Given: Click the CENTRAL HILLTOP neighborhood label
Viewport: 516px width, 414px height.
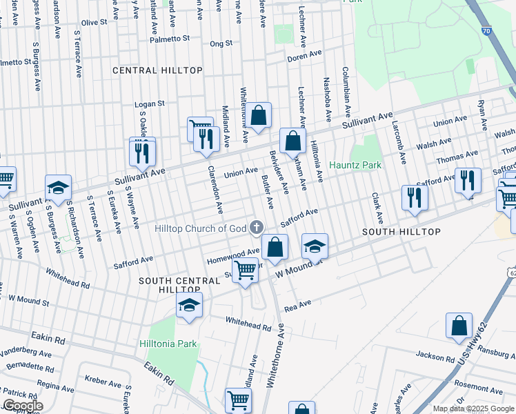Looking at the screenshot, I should (157, 70).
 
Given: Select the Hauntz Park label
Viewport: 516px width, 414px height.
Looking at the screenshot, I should (355, 166).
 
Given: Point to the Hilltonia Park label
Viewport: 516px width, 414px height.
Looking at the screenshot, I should (168, 344).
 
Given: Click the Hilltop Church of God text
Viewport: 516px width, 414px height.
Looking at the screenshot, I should (200, 228).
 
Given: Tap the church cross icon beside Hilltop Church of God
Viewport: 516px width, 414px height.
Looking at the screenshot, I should (257, 227).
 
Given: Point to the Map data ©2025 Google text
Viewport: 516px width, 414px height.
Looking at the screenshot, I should (473, 408).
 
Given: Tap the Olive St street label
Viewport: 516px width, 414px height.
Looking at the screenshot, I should (95, 23).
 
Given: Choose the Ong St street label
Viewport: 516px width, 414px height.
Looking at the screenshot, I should (221, 43).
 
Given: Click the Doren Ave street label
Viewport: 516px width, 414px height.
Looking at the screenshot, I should (305, 55).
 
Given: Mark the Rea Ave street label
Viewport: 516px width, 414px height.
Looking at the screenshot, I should (298, 304).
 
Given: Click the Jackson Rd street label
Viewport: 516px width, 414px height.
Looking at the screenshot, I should (435, 355).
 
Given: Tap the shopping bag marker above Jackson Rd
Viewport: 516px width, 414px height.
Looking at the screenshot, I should (459, 326).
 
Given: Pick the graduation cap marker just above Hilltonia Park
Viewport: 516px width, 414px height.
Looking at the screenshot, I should (189, 306).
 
